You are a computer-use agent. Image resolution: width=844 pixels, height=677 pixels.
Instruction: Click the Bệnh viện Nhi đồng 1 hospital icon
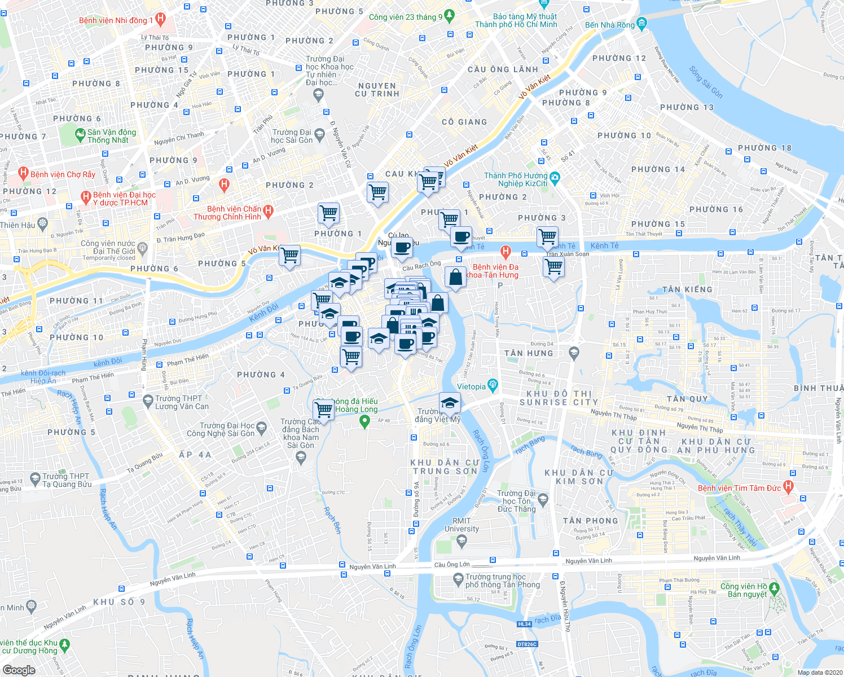(x=160, y=20)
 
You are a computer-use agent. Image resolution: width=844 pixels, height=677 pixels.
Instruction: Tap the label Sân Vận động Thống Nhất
(x=112, y=136)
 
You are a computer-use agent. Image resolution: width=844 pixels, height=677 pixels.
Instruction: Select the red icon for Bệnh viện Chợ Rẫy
(x=23, y=174)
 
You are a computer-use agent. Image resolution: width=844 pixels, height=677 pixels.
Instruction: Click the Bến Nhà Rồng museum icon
(x=641, y=25)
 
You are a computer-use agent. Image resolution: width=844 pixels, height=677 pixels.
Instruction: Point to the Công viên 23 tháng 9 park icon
(x=449, y=16)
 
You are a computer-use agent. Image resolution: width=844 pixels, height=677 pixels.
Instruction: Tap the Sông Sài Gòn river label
(x=705, y=82)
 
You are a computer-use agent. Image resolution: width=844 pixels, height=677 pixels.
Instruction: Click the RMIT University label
(x=461, y=525)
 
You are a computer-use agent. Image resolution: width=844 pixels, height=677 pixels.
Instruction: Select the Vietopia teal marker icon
(x=493, y=386)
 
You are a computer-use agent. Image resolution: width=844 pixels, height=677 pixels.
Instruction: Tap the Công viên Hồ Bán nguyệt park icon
(x=775, y=589)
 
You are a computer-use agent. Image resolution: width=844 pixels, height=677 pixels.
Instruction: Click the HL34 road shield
(x=524, y=624)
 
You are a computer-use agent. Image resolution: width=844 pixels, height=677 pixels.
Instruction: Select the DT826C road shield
(x=526, y=644)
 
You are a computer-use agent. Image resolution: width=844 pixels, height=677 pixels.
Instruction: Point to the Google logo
(x=19, y=670)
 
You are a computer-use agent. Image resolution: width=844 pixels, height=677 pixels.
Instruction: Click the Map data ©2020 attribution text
(x=817, y=672)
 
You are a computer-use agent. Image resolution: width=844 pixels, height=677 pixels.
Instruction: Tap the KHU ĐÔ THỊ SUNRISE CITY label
(x=559, y=398)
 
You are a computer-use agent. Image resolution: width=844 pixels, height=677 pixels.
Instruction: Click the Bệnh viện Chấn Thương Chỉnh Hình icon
(x=269, y=212)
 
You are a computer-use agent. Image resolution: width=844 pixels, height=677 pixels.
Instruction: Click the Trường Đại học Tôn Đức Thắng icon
(x=543, y=498)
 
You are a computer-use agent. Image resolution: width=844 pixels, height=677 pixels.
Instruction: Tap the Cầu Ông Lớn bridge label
(x=451, y=564)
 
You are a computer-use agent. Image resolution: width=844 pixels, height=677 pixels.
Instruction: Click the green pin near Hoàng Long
(x=364, y=421)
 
